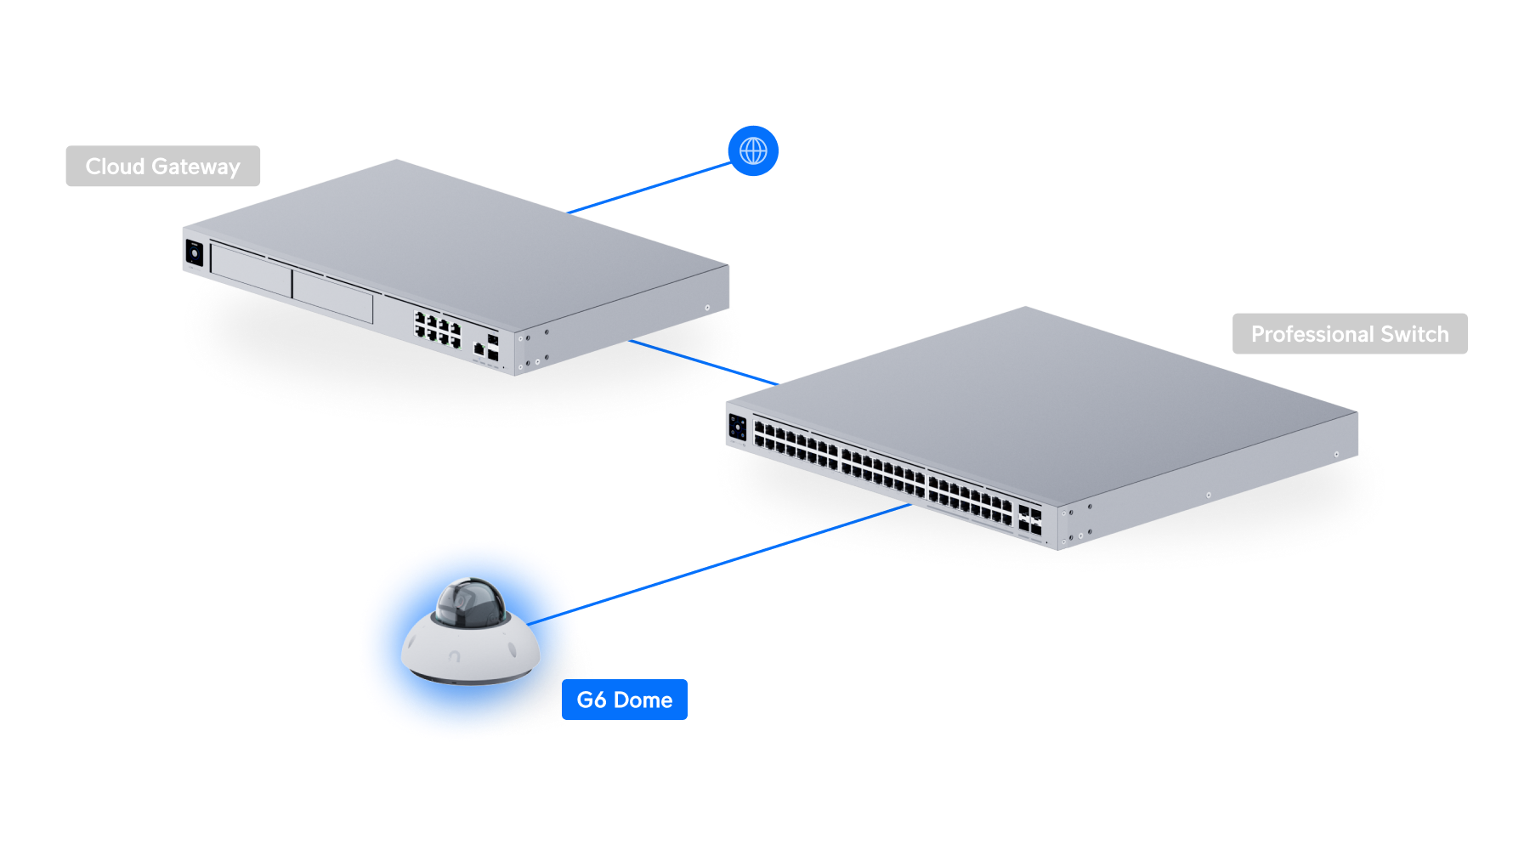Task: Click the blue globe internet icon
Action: tap(753, 151)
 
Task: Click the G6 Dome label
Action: tap(625, 700)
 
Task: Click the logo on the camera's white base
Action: tap(455, 656)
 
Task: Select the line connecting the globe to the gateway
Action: tap(650, 188)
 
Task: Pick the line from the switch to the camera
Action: tap(744, 557)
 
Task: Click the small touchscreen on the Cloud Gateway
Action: tap(195, 253)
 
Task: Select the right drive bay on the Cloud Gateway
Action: tap(332, 297)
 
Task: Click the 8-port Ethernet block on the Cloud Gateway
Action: tap(437, 327)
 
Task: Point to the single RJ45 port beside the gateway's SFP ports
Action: tap(479, 348)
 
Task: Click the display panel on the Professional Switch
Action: tap(737, 427)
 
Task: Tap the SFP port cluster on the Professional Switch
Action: tap(1029, 520)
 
